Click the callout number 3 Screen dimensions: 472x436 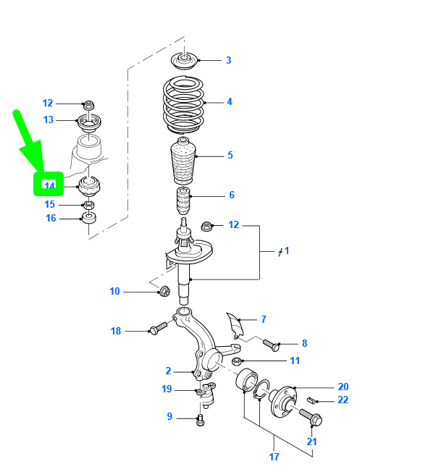point(228,60)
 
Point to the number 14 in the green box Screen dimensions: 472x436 point(49,185)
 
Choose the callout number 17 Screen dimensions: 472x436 point(274,457)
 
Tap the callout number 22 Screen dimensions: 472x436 point(343,400)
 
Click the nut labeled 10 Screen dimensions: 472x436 point(164,292)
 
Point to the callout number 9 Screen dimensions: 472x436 point(170,416)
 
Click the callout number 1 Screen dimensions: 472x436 point(286,250)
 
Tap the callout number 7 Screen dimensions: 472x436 point(264,319)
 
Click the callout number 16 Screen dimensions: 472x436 point(51,218)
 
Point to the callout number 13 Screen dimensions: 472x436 point(49,119)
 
